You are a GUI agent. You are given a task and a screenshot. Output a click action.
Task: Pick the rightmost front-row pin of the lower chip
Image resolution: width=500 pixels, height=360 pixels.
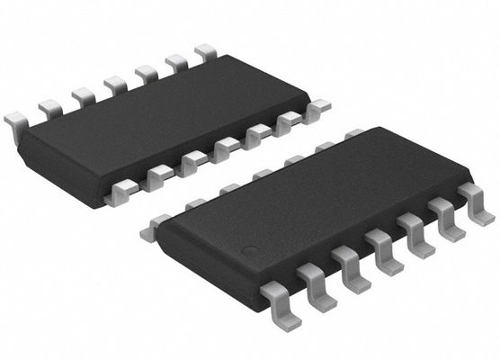[x=474, y=199]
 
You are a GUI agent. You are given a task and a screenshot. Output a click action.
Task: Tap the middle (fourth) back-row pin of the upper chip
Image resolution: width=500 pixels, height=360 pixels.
[x=114, y=85]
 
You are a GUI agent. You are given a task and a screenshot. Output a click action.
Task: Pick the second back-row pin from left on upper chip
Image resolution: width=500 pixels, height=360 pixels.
[x=50, y=109]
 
